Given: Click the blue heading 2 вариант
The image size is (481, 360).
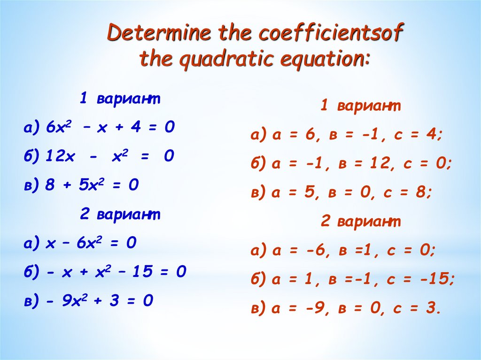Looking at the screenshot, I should coord(120,214).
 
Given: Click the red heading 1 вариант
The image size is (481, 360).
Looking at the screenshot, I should coord(361,106).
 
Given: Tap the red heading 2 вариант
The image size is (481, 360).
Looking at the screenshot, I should coord(361,222).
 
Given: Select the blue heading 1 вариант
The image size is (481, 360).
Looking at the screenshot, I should coord(120,99).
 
